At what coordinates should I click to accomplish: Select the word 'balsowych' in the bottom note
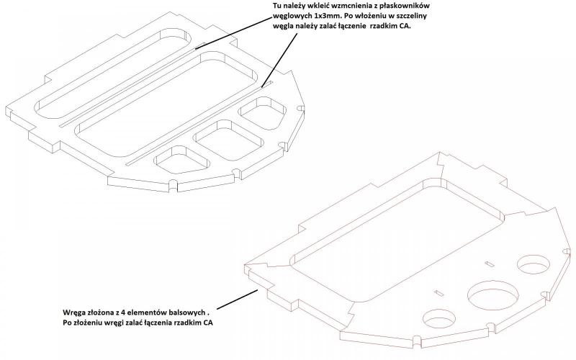point(187,312)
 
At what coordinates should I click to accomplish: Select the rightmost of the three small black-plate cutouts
point(264,112)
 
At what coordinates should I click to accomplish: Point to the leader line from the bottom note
point(238,297)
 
